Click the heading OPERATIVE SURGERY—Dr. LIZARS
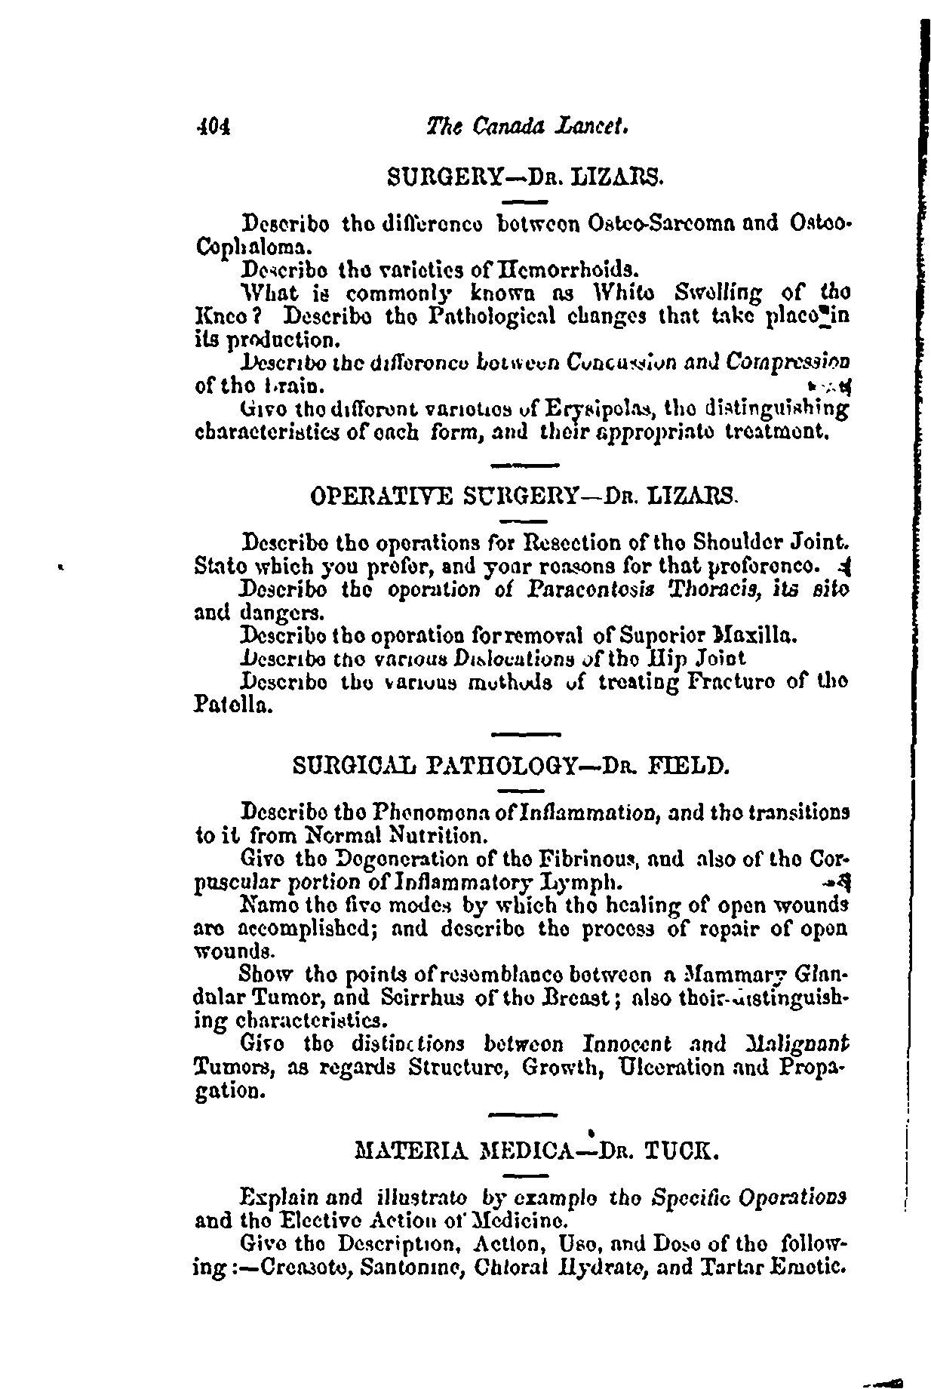524,496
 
